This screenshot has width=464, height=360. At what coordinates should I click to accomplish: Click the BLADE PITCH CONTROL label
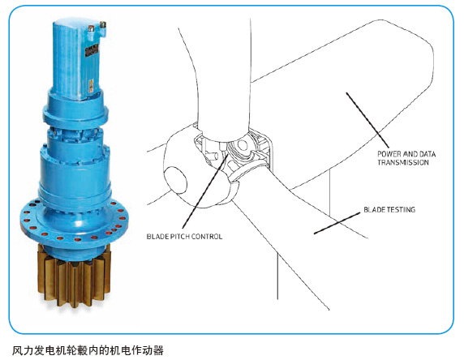[x=184, y=237]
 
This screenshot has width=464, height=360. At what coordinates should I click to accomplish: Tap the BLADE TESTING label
[x=389, y=210]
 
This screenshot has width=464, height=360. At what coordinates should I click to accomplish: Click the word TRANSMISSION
[x=404, y=162]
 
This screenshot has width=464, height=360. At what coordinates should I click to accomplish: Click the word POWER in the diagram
[x=390, y=152]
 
